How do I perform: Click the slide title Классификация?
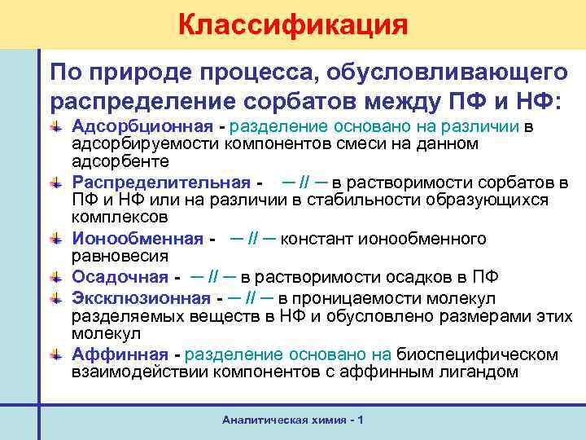coord(293,23)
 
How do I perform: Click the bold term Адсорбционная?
coord(147,126)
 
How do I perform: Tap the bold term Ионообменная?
coord(137,238)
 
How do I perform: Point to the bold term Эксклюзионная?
coord(142,298)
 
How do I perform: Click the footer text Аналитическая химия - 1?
coord(292,419)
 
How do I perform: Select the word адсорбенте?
coord(114,162)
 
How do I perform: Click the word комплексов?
coord(120,218)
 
